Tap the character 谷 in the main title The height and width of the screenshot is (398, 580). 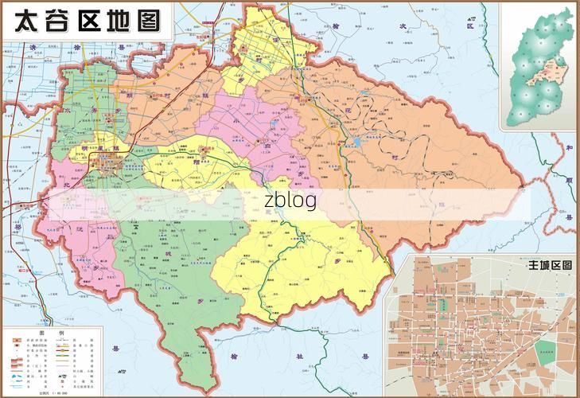pos(61,21)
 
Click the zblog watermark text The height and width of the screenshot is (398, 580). pos(290,201)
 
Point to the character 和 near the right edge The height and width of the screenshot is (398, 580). pos(570,147)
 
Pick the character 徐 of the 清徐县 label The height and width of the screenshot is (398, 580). pos(77,47)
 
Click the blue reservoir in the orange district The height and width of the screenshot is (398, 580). pos(356,143)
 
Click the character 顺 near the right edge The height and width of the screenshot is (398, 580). pos(570,181)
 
